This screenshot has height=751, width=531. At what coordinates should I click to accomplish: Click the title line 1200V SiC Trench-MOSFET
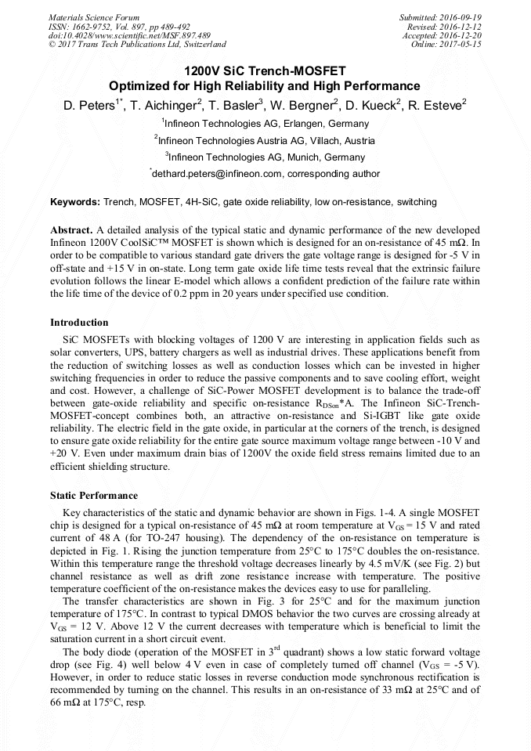(x=265, y=71)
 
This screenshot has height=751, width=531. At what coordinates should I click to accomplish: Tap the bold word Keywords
(x=74, y=202)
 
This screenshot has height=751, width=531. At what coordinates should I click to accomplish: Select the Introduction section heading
(x=79, y=323)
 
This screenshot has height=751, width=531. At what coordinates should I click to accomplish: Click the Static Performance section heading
(x=94, y=496)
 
